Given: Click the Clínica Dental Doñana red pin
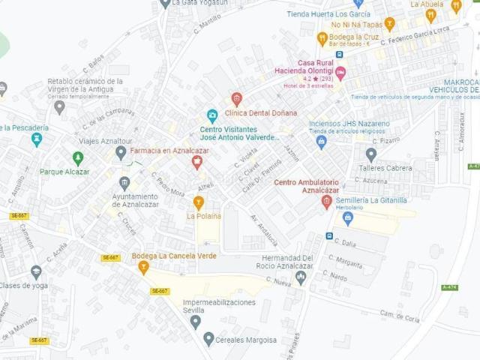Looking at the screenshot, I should pos(237,98).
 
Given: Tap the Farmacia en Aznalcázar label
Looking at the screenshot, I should pos(169,151).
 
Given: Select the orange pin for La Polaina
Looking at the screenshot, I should pos(199,202).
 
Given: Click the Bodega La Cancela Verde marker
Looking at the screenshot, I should pos(143,267).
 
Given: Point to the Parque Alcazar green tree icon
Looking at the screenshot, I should pos(78,158).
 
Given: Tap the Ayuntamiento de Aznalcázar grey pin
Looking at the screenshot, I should pos(124,182).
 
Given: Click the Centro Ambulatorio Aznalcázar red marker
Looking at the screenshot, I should pos(326,202).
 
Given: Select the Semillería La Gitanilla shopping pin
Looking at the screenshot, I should pos(347,217).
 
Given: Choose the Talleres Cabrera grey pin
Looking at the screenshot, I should pos(370,154).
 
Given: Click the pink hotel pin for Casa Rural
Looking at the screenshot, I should pos(340,73).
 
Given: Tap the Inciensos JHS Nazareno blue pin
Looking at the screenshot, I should pos(322,141).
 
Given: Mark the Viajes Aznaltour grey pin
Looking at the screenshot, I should pos(121,152).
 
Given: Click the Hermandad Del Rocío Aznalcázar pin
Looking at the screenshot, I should pos(301,277).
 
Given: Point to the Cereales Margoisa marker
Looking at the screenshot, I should pos(208,339).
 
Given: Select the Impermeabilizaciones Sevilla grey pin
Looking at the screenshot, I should pos(196,322).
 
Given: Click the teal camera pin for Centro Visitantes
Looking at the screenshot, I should pos(212,116).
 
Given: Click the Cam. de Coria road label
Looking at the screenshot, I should pos(399,315).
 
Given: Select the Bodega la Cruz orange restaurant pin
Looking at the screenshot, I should pos(322,37).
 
